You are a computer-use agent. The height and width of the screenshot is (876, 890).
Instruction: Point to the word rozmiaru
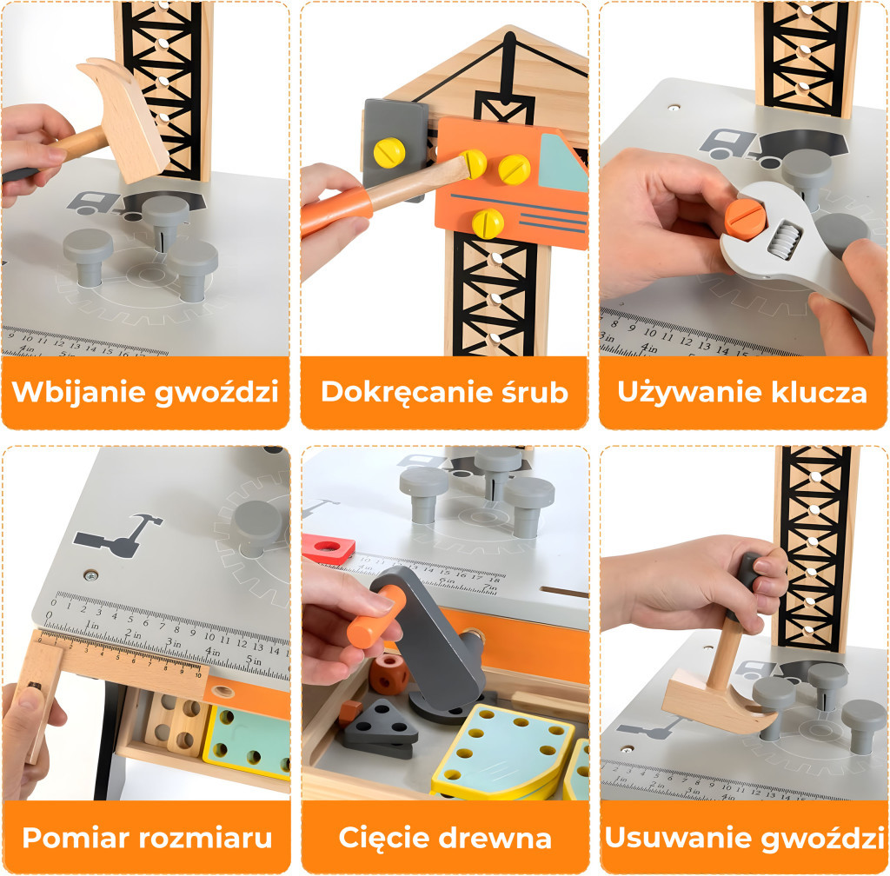(209, 839)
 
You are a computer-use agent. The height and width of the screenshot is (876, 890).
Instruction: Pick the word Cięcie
(379, 839)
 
